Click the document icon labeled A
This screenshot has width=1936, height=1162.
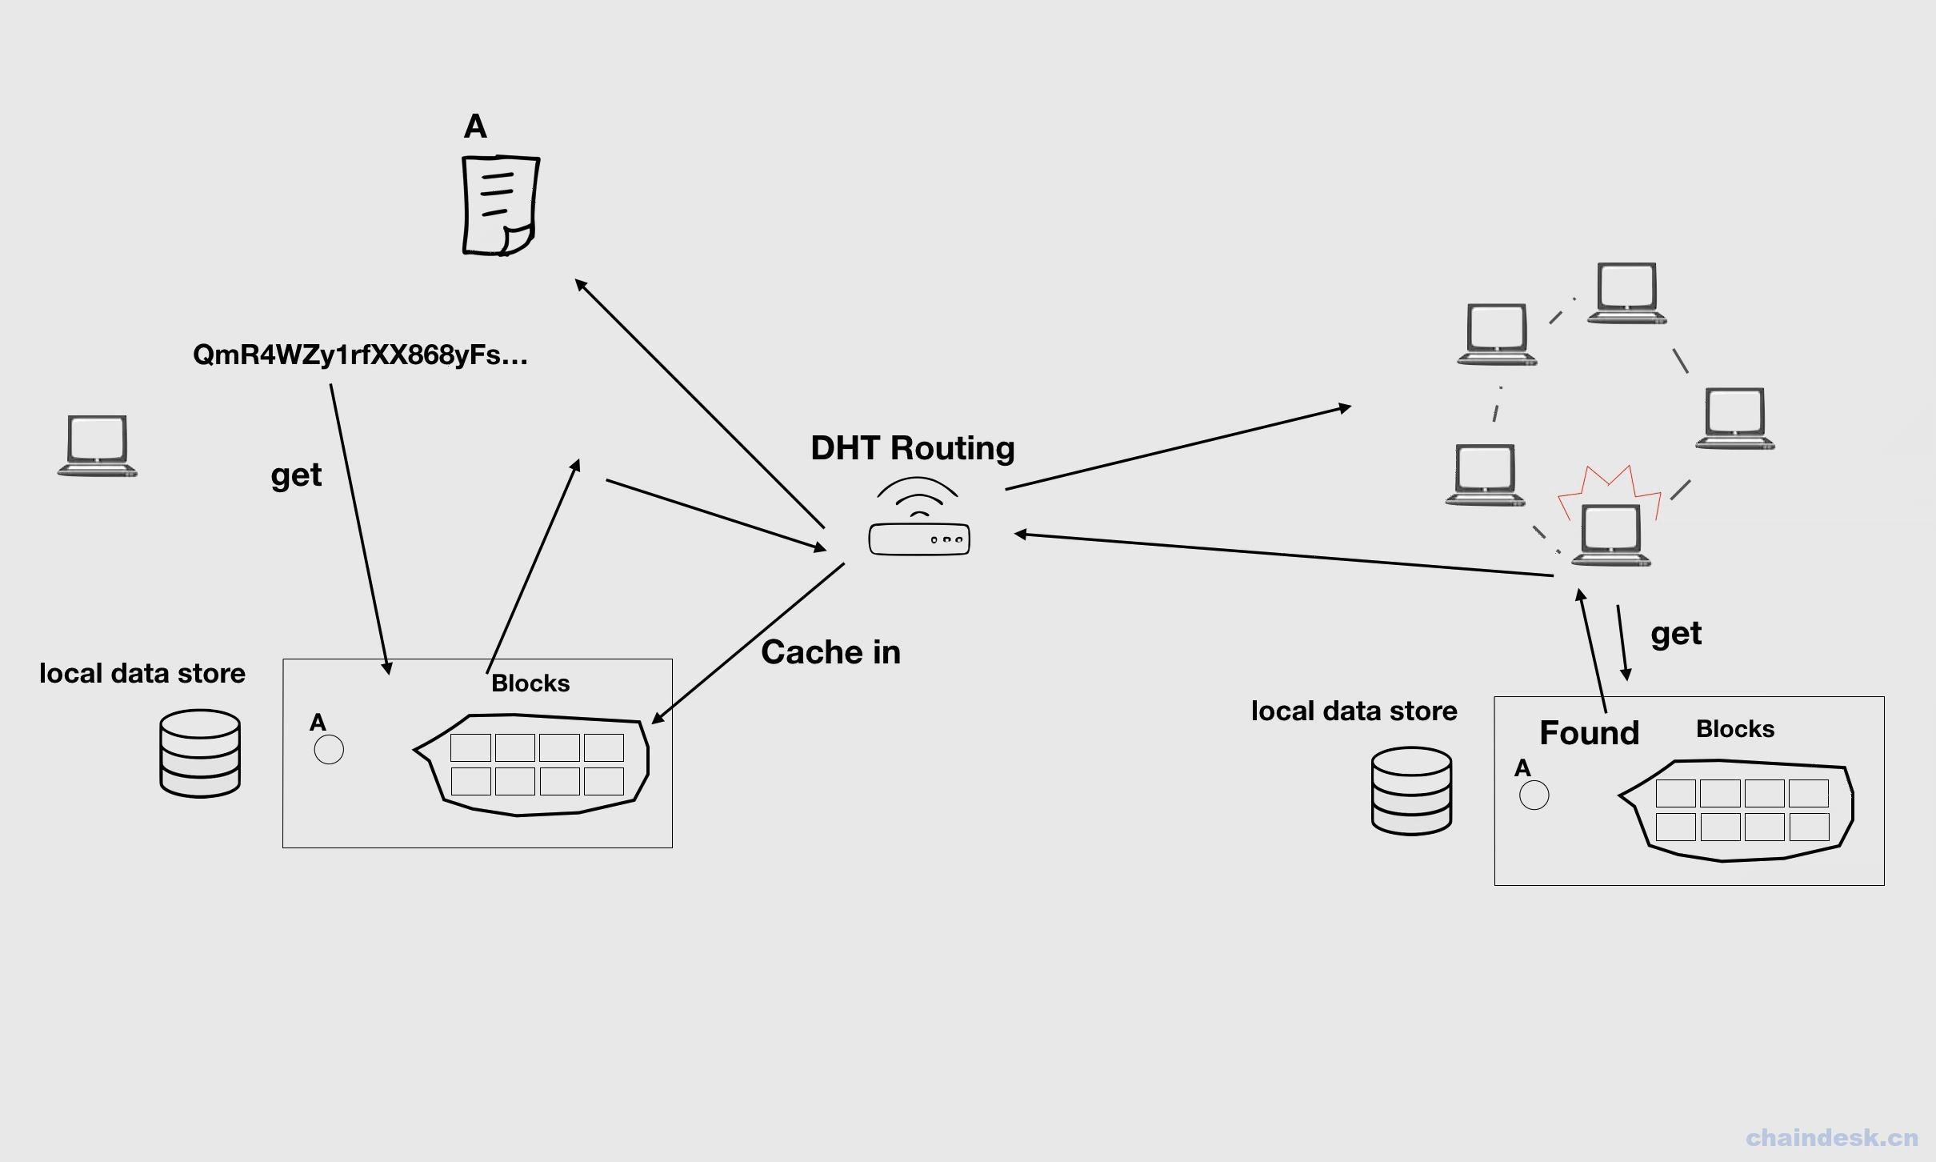(501, 206)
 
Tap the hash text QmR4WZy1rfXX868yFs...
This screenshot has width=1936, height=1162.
(360, 355)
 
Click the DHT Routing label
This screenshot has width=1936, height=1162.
(912, 448)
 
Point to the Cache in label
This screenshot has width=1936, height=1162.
(830, 652)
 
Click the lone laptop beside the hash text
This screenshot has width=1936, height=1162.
(97, 446)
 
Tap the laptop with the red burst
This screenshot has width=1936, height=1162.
(1610, 535)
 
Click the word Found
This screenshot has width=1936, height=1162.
(1589, 733)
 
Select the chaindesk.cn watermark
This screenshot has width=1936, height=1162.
(1831, 1137)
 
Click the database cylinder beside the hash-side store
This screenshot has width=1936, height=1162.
(200, 753)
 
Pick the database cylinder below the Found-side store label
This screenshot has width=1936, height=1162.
(1411, 791)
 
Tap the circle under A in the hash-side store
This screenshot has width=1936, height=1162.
(329, 750)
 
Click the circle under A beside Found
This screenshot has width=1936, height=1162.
(1534, 795)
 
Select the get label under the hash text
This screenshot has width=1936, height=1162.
(296, 475)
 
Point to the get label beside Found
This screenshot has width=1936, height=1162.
(1675, 634)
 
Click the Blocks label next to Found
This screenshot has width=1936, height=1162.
(1734, 729)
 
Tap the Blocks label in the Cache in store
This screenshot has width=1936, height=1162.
(530, 683)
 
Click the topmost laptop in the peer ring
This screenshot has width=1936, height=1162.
(1626, 293)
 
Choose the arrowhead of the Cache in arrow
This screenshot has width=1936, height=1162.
(657, 719)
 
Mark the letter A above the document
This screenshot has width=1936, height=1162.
(475, 126)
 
